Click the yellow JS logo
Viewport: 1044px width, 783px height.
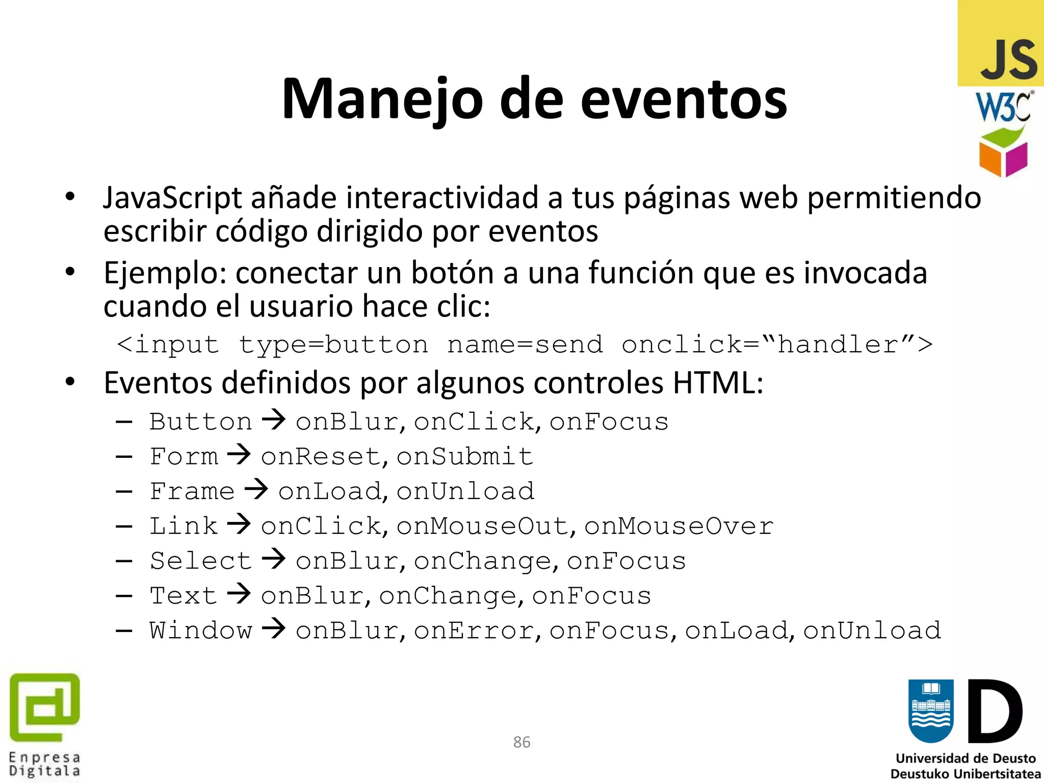(1001, 43)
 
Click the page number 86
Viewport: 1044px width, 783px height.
(521, 742)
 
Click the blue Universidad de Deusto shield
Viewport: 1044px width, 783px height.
(931, 711)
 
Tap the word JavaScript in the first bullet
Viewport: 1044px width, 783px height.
(172, 198)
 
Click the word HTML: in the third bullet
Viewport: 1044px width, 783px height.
(718, 383)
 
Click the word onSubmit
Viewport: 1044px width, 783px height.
(465, 456)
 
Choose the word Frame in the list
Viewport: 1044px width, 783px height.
(192, 491)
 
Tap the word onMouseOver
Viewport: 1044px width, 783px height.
(678, 526)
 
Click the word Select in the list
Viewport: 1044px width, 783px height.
(200, 561)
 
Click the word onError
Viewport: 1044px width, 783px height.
(474, 631)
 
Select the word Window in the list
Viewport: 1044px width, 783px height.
(200, 631)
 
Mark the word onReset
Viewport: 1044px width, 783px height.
(321, 456)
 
